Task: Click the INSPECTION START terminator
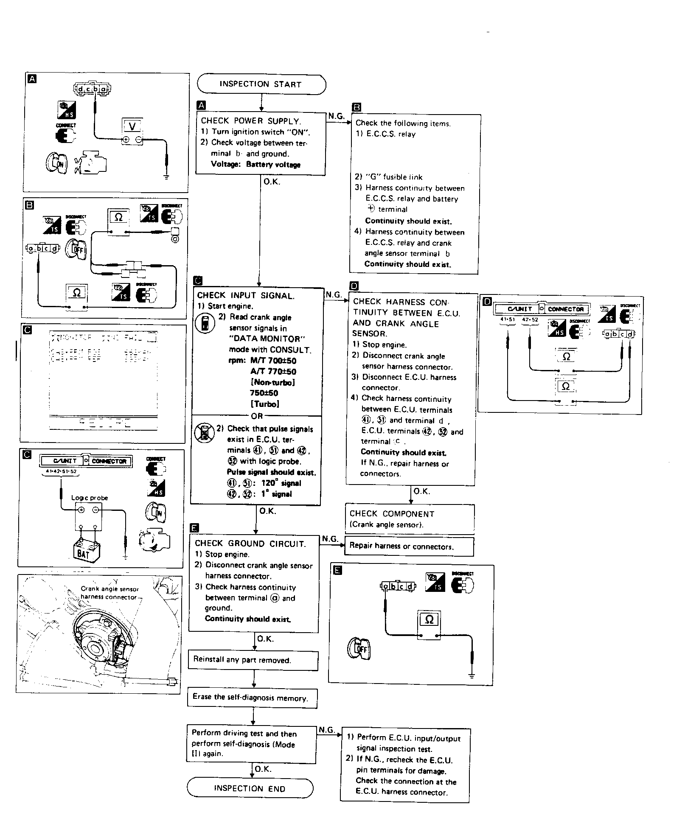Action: [x=261, y=84]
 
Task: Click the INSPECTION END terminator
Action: [x=250, y=788]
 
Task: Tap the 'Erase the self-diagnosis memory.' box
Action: [x=252, y=698]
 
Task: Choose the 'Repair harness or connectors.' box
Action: [x=409, y=546]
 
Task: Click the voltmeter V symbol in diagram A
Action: [x=132, y=126]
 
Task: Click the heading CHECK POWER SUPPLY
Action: [x=251, y=121]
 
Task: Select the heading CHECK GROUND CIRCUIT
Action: [x=250, y=544]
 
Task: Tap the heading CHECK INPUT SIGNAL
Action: [x=245, y=296]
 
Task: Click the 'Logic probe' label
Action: [x=90, y=498]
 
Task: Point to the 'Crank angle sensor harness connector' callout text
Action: [x=109, y=593]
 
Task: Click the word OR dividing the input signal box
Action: [x=257, y=416]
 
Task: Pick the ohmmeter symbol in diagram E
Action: [x=429, y=619]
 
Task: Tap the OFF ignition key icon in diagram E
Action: [x=359, y=649]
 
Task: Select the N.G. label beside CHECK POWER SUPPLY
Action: [x=336, y=116]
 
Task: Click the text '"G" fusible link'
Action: [x=388, y=177]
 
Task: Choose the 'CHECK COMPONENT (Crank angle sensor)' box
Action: [x=410, y=519]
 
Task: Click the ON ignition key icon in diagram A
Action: [x=56, y=163]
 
